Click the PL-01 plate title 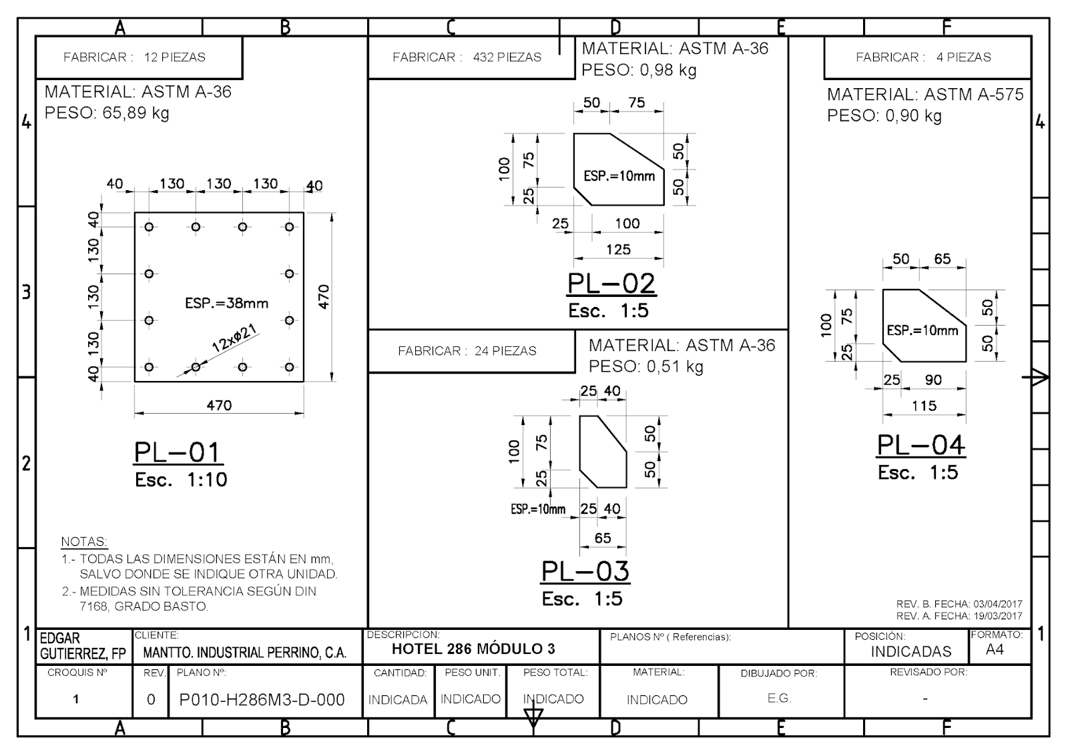[178, 452]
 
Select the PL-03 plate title [585, 571]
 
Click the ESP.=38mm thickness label [226, 303]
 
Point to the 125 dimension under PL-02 [618, 250]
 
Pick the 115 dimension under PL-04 [924, 406]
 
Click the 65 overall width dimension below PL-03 [603, 538]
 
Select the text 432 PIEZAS [507, 57]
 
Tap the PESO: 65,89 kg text [107, 113]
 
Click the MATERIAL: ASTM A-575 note [925, 94]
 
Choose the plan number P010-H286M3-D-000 [262, 700]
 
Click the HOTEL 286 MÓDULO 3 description [473, 649]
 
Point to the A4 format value [995, 650]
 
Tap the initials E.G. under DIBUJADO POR [779, 698]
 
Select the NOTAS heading [84, 541]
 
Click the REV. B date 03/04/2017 [998, 604]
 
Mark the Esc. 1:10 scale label [181, 480]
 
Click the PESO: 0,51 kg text [646, 366]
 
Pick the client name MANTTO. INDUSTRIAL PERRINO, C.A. [244, 653]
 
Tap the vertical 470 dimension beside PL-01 [324, 297]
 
